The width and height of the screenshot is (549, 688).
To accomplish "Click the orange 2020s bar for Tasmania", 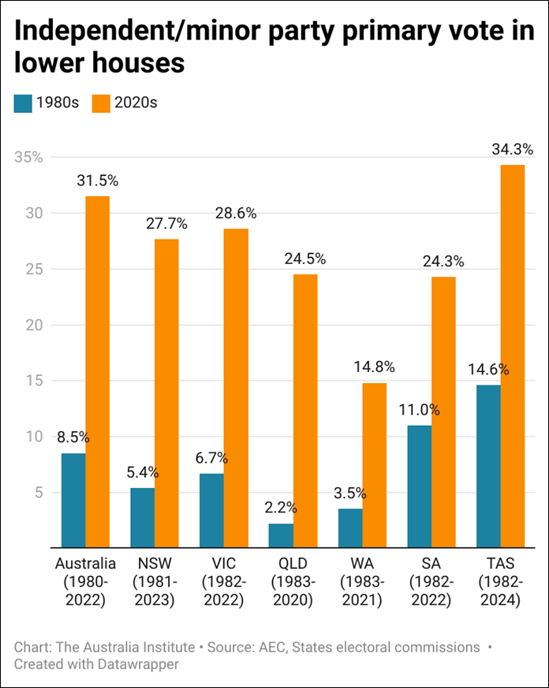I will (x=512, y=355).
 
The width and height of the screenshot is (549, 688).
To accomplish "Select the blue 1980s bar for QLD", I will (x=281, y=535).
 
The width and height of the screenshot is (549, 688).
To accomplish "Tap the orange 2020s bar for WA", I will (x=374, y=465).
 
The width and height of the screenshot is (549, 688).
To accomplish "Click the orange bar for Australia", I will (x=98, y=370).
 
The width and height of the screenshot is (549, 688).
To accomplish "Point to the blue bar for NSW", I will (x=143, y=517).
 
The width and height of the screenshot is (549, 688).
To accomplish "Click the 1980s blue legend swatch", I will (x=24, y=103).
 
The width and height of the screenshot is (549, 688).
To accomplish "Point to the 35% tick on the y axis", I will (x=28, y=158).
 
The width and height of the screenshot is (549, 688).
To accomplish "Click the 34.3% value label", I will (x=512, y=149).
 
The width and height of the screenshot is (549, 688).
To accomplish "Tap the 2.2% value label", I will (x=281, y=508).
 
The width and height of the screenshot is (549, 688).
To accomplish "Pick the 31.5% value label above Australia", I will (x=98, y=180).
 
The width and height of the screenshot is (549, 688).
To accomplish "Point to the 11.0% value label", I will (x=420, y=410).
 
